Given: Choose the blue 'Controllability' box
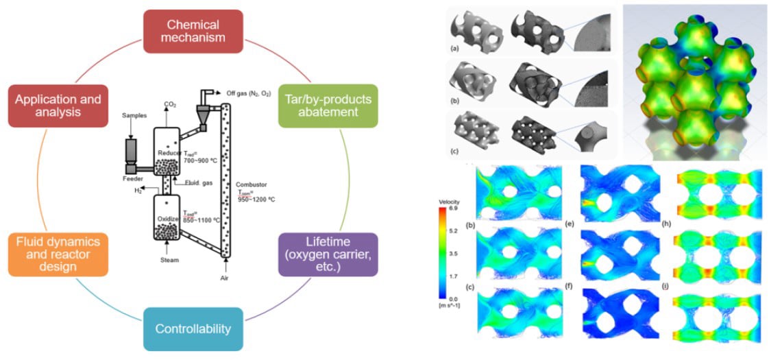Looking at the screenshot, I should click(x=193, y=328).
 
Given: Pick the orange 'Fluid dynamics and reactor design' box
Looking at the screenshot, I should click(x=59, y=254).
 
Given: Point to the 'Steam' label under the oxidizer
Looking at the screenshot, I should click(x=169, y=260).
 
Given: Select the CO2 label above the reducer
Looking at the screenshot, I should click(x=168, y=105).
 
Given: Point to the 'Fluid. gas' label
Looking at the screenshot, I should click(x=190, y=182).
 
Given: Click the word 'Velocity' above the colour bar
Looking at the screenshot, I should click(x=450, y=201).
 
